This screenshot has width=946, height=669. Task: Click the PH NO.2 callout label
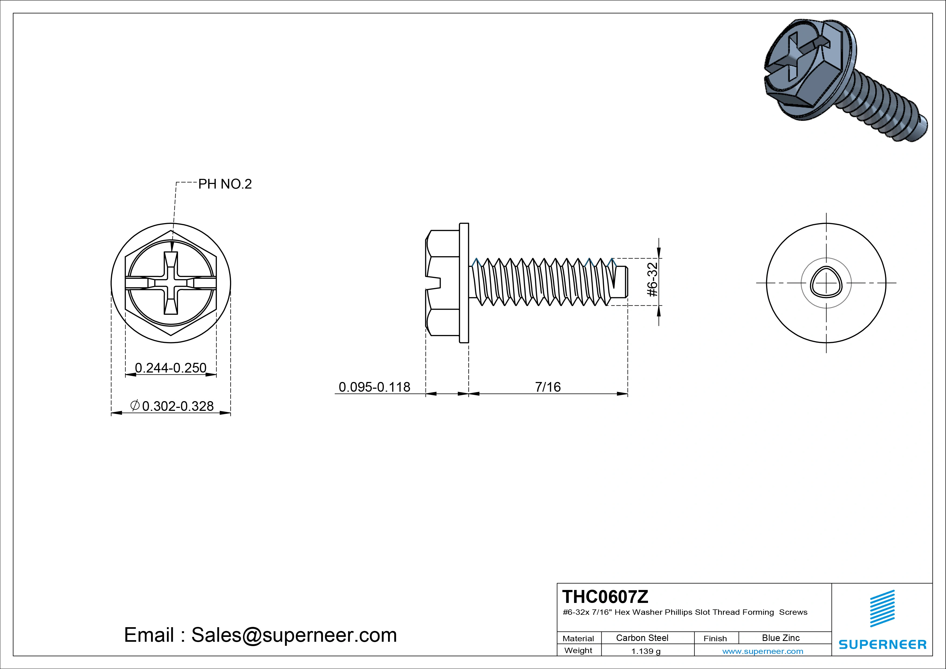coord(225,184)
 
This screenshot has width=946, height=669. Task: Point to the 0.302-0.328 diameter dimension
coord(178,406)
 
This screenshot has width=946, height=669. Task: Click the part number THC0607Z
coord(605,596)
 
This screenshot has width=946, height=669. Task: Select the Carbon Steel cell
coord(642,638)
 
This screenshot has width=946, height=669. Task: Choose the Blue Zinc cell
coord(780,638)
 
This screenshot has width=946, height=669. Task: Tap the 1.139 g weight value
coord(646,651)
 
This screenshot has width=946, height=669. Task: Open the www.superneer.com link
coord(763,651)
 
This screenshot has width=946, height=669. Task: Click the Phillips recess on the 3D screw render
coord(787,62)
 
